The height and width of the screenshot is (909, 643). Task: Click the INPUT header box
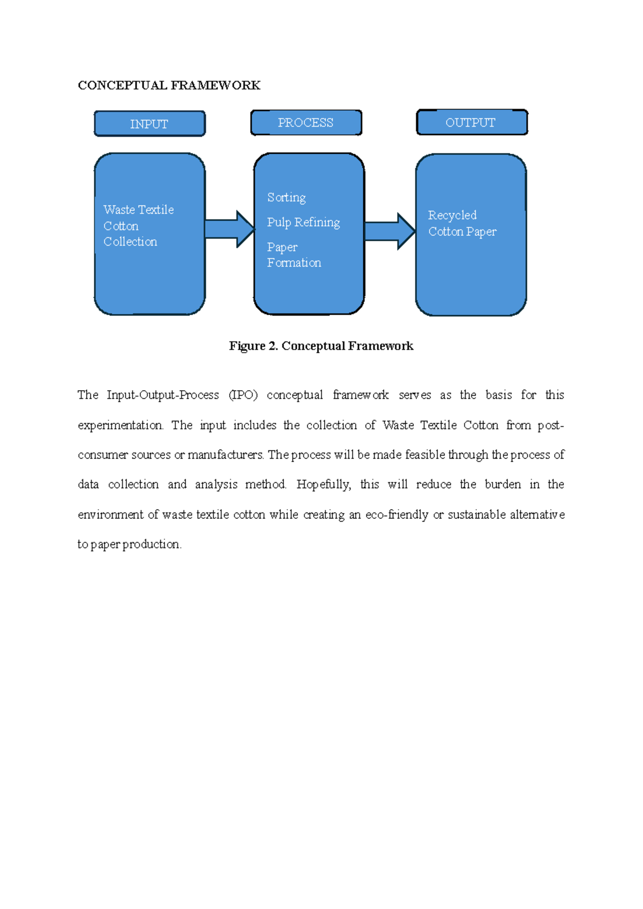point(149,124)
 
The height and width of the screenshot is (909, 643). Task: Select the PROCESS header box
point(306,123)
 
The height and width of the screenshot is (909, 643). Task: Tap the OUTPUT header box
point(472,122)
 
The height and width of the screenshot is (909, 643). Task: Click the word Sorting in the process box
point(287,198)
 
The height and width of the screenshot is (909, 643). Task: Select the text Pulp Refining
point(303,222)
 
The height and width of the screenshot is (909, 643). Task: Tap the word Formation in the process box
point(294,263)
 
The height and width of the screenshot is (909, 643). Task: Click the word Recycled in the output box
point(452,215)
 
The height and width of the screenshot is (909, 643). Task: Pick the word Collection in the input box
point(130,242)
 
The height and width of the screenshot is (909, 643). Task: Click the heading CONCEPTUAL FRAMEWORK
point(169,85)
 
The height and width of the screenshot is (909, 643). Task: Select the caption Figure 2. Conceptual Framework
point(321,346)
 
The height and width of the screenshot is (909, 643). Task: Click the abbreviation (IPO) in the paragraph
point(243,395)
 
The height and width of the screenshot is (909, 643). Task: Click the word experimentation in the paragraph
point(120,426)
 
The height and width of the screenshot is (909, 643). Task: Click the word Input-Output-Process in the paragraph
point(163,395)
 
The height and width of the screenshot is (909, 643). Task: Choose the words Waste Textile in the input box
point(139,210)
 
